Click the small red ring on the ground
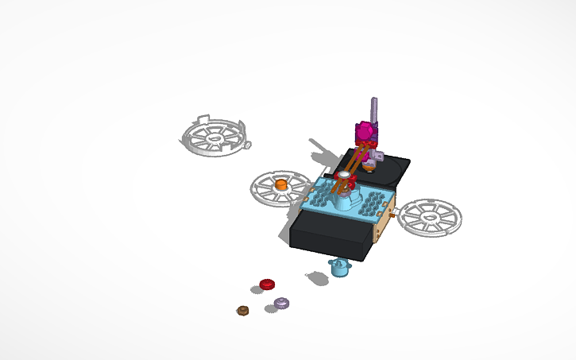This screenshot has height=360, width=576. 267,284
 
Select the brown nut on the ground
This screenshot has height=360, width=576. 243,310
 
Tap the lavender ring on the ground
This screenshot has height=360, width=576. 282,303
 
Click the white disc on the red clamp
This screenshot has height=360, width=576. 345,174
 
